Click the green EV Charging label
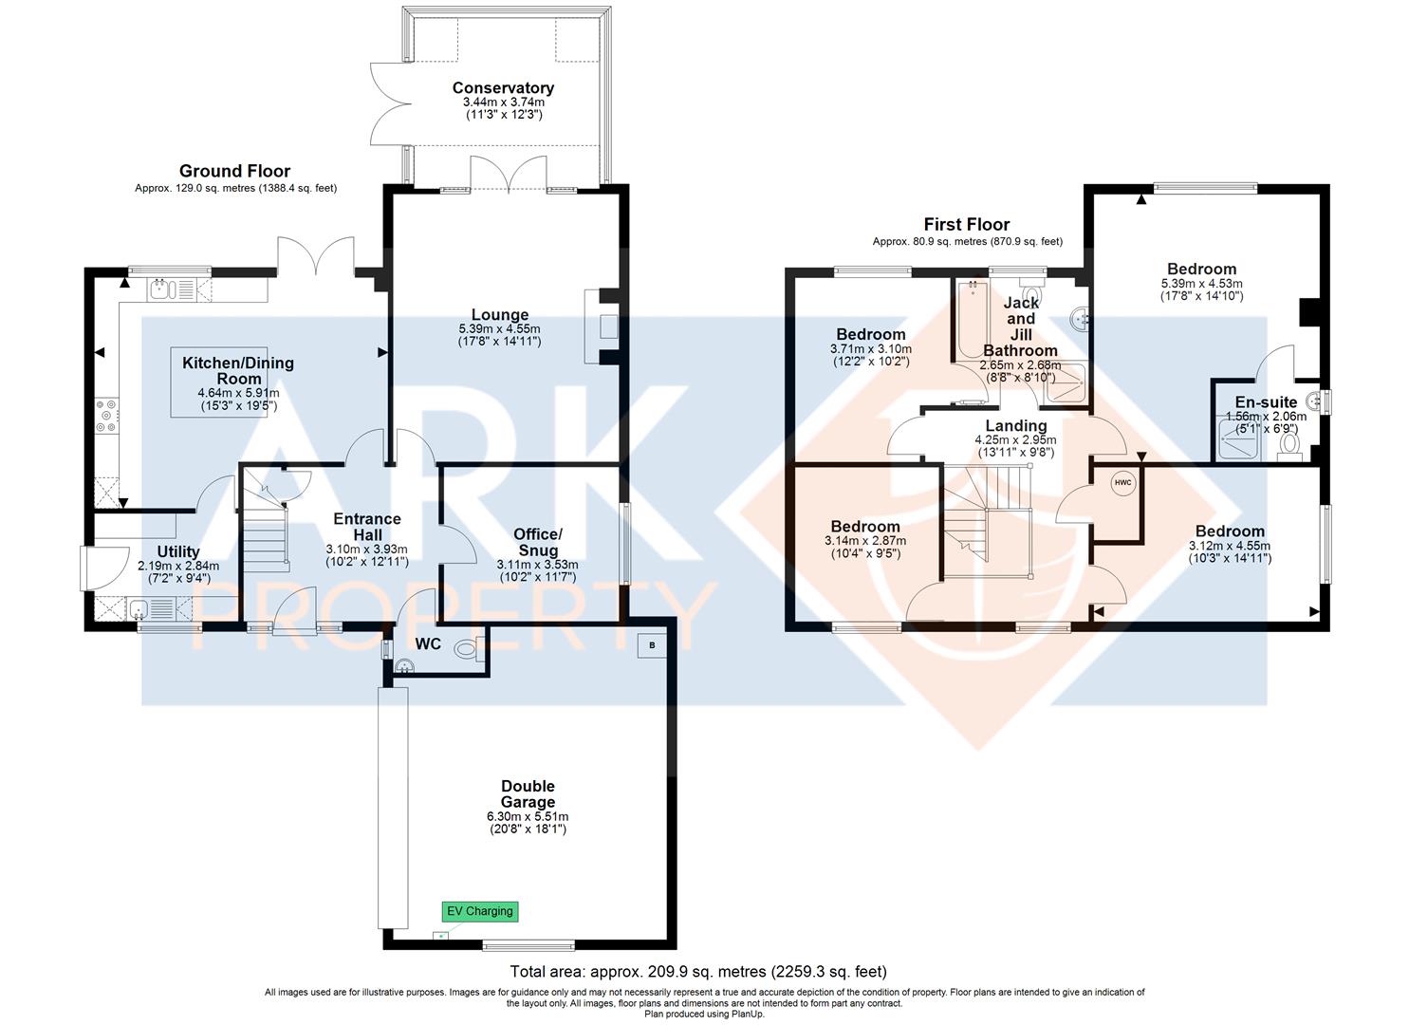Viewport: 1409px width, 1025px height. pos(480,911)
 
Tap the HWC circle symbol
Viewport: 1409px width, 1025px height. pos(1122,483)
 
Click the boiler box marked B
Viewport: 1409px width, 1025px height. pos(652,645)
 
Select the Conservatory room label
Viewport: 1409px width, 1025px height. pos(503,88)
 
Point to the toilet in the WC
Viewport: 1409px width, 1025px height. pos(470,649)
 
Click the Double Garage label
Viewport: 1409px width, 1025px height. pos(528,794)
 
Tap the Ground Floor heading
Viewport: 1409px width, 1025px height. pos(234,171)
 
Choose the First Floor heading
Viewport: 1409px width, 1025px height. pos(967,225)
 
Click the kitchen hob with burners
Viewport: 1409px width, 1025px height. pos(106,416)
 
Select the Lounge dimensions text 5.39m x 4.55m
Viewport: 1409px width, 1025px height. pos(499,328)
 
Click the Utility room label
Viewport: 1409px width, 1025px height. pos(178,551)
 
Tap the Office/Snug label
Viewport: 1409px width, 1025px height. pos(538,542)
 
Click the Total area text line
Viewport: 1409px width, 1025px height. pos(698,972)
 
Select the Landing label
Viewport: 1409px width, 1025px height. pos(1016,426)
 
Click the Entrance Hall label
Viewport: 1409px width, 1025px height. pos(367,528)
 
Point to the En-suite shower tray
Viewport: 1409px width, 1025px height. pos(1239,439)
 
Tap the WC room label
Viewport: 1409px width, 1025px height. pos(428,644)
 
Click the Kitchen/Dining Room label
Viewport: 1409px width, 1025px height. pos(238,370)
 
